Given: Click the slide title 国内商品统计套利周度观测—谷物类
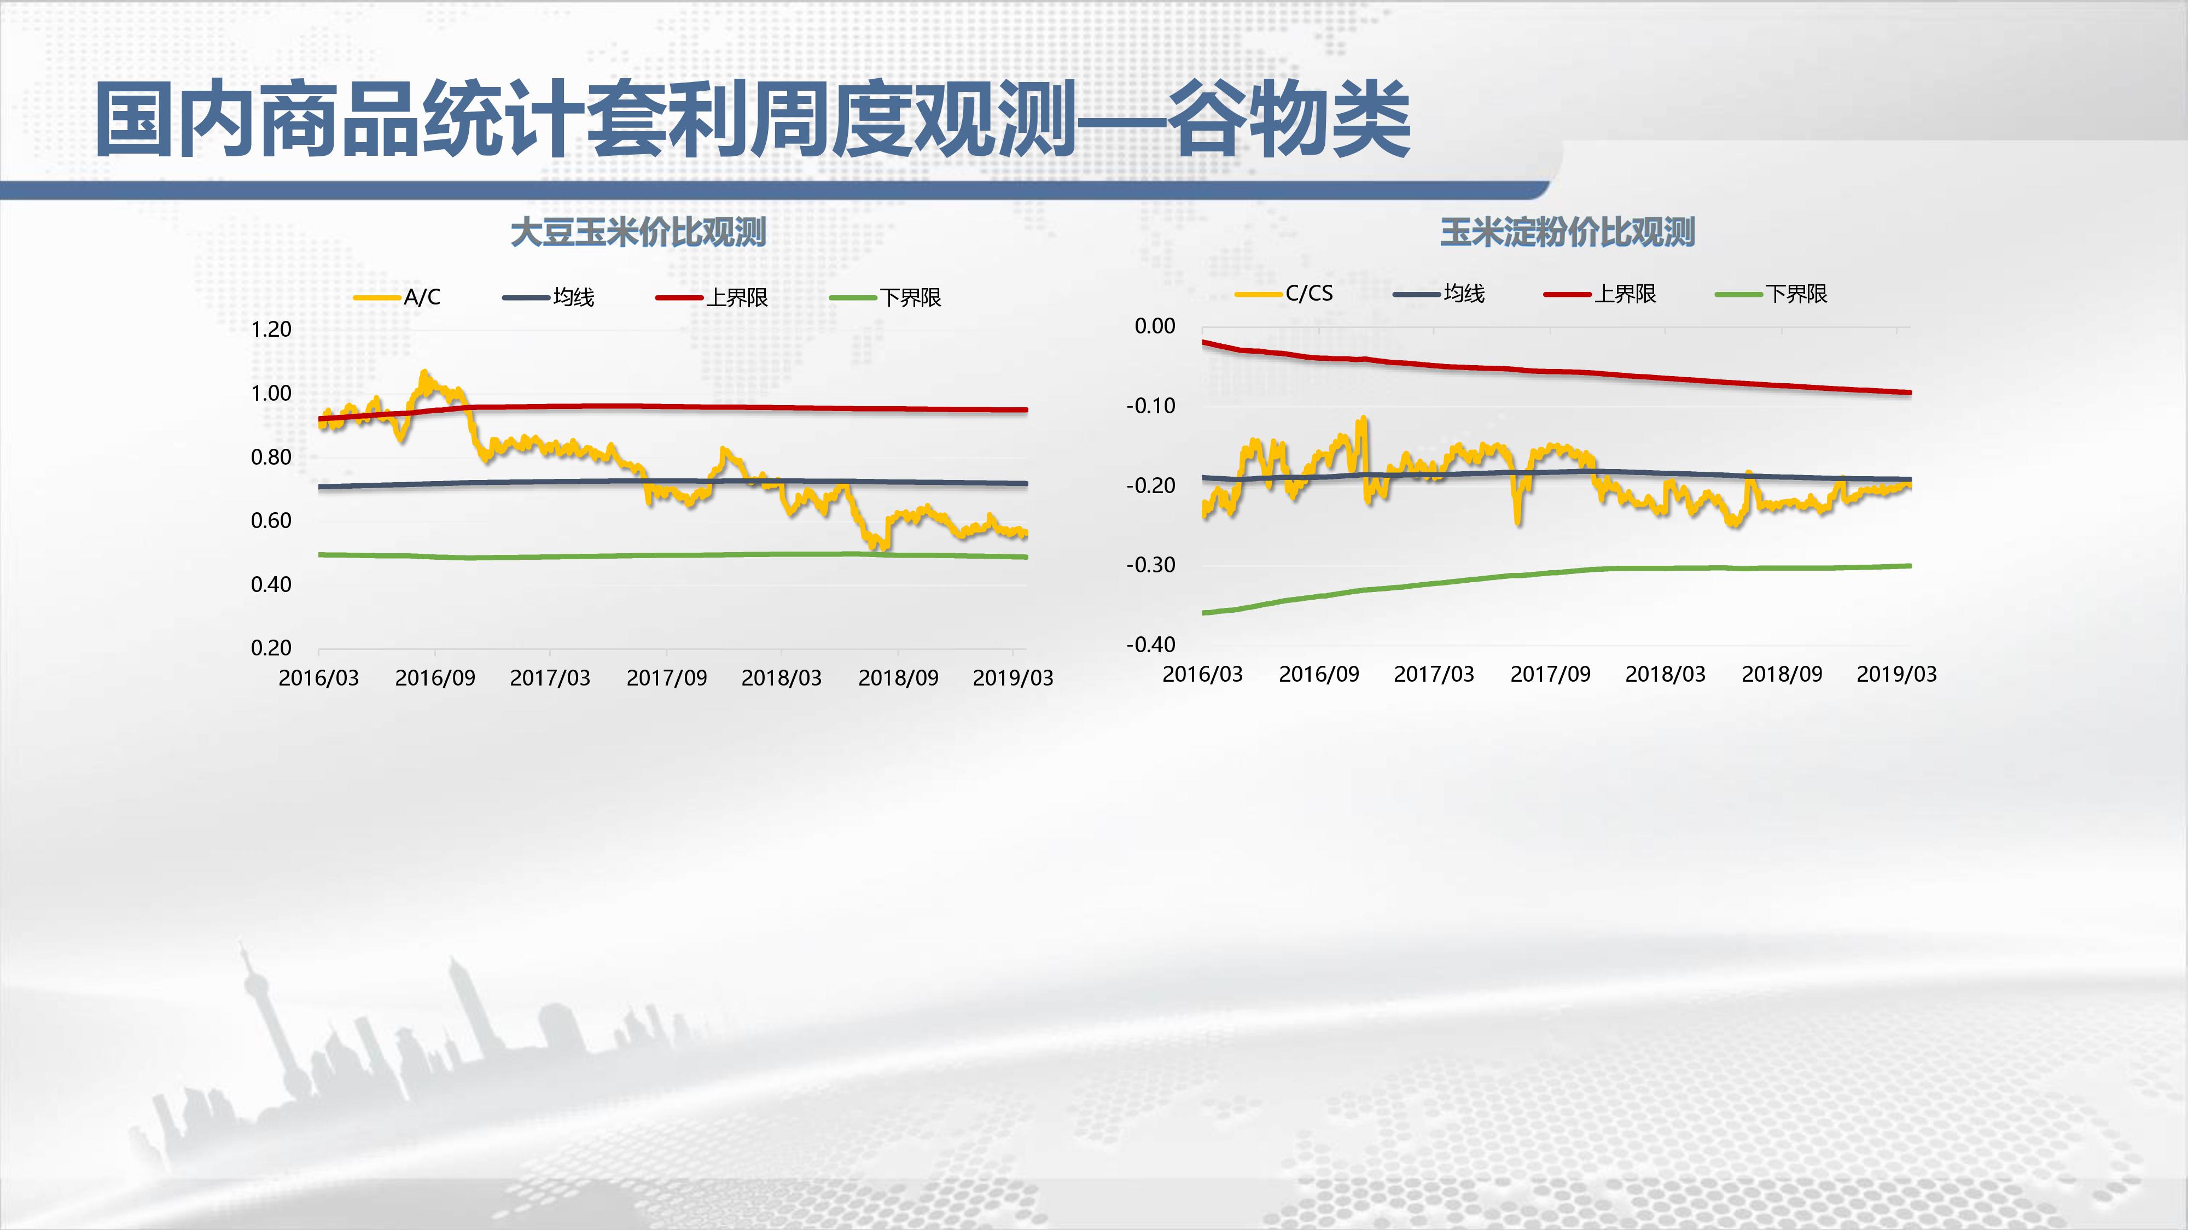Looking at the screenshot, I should click(x=752, y=119).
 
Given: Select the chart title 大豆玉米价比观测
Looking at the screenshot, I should click(x=638, y=232).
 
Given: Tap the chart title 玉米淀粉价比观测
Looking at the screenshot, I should click(x=1567, y=232).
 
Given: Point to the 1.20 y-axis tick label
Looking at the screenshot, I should click(x=271, y=329).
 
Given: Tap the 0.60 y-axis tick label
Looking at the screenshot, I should click(x=271, y=520).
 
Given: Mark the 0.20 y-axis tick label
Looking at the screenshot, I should click(x=271, y=648).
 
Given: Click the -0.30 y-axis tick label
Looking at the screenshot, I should click(x=1151, y=565).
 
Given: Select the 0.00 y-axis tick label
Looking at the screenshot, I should click(x=1155, y=326).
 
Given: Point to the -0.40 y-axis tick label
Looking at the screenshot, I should click(x=1151, y=645).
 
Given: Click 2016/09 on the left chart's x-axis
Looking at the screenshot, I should click(x=435, y=677).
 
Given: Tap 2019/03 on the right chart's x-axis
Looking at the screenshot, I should click(x=1896, y=674).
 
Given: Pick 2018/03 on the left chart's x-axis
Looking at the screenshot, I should click(x=782, y=677).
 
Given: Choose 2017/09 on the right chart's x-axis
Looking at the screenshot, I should click(x=1550, y=674).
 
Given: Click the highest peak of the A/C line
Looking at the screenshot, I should click(x=424, y=373).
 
